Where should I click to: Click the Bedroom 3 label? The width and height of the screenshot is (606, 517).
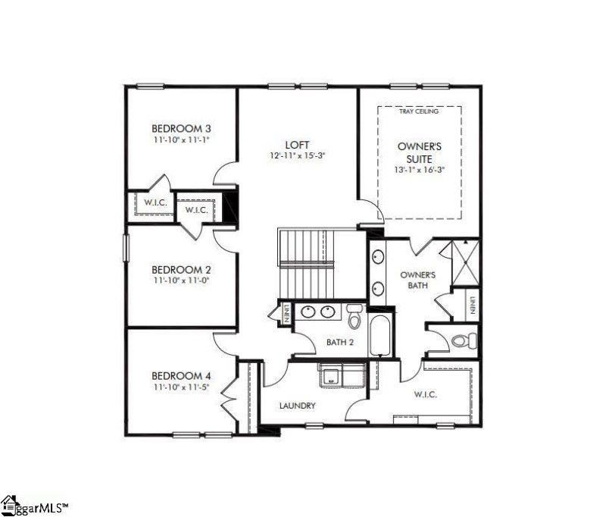click(x=181, y=128)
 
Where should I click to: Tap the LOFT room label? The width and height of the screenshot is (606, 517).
click(x=297, y=144)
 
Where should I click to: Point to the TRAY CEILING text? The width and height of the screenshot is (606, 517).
click(x=419, y=112)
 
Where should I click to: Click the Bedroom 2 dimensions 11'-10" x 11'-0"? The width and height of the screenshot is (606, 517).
click(x=181, y=280)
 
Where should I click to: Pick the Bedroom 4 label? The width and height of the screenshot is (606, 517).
click(x=181, y=376)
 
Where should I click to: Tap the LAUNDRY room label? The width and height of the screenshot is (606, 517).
click(x=297, y=406)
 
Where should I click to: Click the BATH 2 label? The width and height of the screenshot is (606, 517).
click(x=340, y=342)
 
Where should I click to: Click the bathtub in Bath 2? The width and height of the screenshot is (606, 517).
click(x=380, y=336)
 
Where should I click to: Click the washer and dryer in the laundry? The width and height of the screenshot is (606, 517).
click(x=342, y=375)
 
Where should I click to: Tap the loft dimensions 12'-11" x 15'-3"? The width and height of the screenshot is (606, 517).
click(x=297, y=155)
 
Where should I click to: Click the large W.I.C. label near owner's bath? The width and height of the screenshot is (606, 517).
click(x=425, y=395)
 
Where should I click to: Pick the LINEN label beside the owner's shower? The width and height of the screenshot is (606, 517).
click(x=472, y=305)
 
